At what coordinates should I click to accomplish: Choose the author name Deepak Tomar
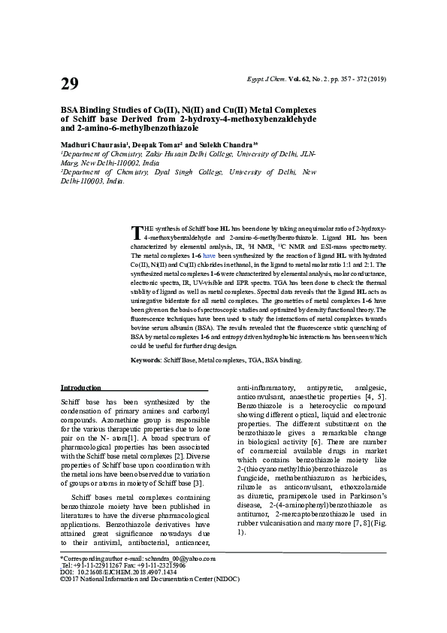pyautogui.click(x=158, y=143)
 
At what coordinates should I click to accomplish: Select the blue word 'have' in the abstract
pyautogui.click(x=209, y=256)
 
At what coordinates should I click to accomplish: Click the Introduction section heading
pyautogui.click(x=80, y=387)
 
